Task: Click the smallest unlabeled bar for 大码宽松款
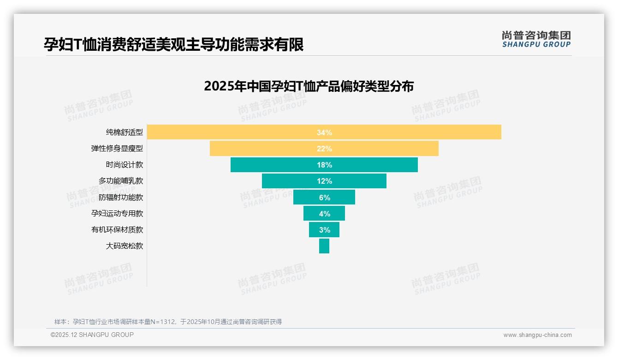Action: point(324,246)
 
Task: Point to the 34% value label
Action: point(324,132)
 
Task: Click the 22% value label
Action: point(324,149)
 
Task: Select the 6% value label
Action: point(324,198)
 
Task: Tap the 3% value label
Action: point(324,230)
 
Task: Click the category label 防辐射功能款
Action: point(121,198)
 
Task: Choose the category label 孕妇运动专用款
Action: point(117,214)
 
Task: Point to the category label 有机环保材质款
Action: point(117,230)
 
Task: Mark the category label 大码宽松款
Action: point(125,246)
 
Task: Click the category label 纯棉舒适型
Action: point(125,132)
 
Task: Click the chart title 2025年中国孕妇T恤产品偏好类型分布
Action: point(309,86)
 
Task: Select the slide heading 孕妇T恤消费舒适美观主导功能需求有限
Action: point(173,45)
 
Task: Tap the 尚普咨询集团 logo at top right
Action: point(536,39)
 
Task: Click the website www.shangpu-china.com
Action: point(537,335)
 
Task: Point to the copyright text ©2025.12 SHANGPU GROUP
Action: point(92,335)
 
